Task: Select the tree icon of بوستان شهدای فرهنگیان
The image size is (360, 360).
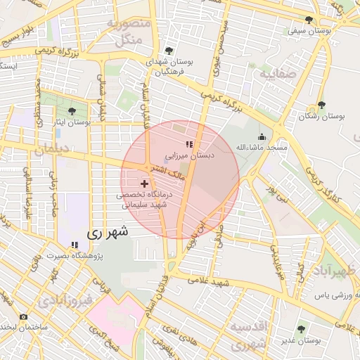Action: coord(168,50)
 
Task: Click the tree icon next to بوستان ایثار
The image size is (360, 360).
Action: coord(71,110)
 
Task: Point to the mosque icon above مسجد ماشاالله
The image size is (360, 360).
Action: coord(262,136)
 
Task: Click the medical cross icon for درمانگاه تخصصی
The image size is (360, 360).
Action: coord(145,184)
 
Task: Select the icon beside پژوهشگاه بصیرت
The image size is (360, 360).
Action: coord(74,245)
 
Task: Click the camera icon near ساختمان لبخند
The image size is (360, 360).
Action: coord(23,317)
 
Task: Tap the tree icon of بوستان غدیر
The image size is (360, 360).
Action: coord(301,328)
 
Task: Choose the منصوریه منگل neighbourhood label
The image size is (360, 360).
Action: coord(129,32)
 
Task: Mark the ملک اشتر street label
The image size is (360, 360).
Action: coord(166,174)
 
